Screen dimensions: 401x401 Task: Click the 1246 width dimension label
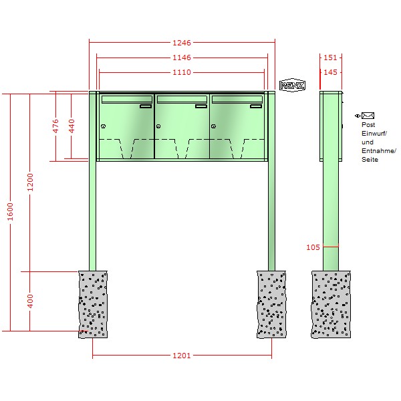tap(182, 43)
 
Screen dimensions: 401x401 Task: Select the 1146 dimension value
tap(182, 57)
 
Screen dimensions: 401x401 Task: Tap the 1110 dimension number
tap(182, 72)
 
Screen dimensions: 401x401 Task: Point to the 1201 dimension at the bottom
tap(182, 356)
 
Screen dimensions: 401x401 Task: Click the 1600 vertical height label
tap(10, 211)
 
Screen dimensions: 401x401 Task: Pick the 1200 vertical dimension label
tap(30, 182)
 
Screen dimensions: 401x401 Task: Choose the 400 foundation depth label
tap(30, 301)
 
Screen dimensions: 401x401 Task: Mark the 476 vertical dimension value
tap(55, 126)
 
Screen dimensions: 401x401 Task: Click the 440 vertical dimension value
tap(72, 126)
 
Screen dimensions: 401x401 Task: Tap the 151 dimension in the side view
tap(330, 57)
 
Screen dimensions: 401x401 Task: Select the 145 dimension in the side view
tap(330, 72)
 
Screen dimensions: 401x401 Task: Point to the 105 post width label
tap(313, 247)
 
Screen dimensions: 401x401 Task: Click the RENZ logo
tap(292, 85)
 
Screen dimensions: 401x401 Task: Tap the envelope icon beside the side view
tap(368, 116)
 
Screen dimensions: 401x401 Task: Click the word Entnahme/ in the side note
tap(379, 151)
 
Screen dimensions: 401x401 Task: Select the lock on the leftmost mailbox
tap(104, 126)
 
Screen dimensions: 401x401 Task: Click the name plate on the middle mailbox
tap(201, 106)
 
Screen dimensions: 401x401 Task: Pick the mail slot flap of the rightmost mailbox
tap(237, 99)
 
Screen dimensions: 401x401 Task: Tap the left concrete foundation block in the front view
tap(93, 304)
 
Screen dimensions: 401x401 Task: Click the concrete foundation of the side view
tap(331, 304)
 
